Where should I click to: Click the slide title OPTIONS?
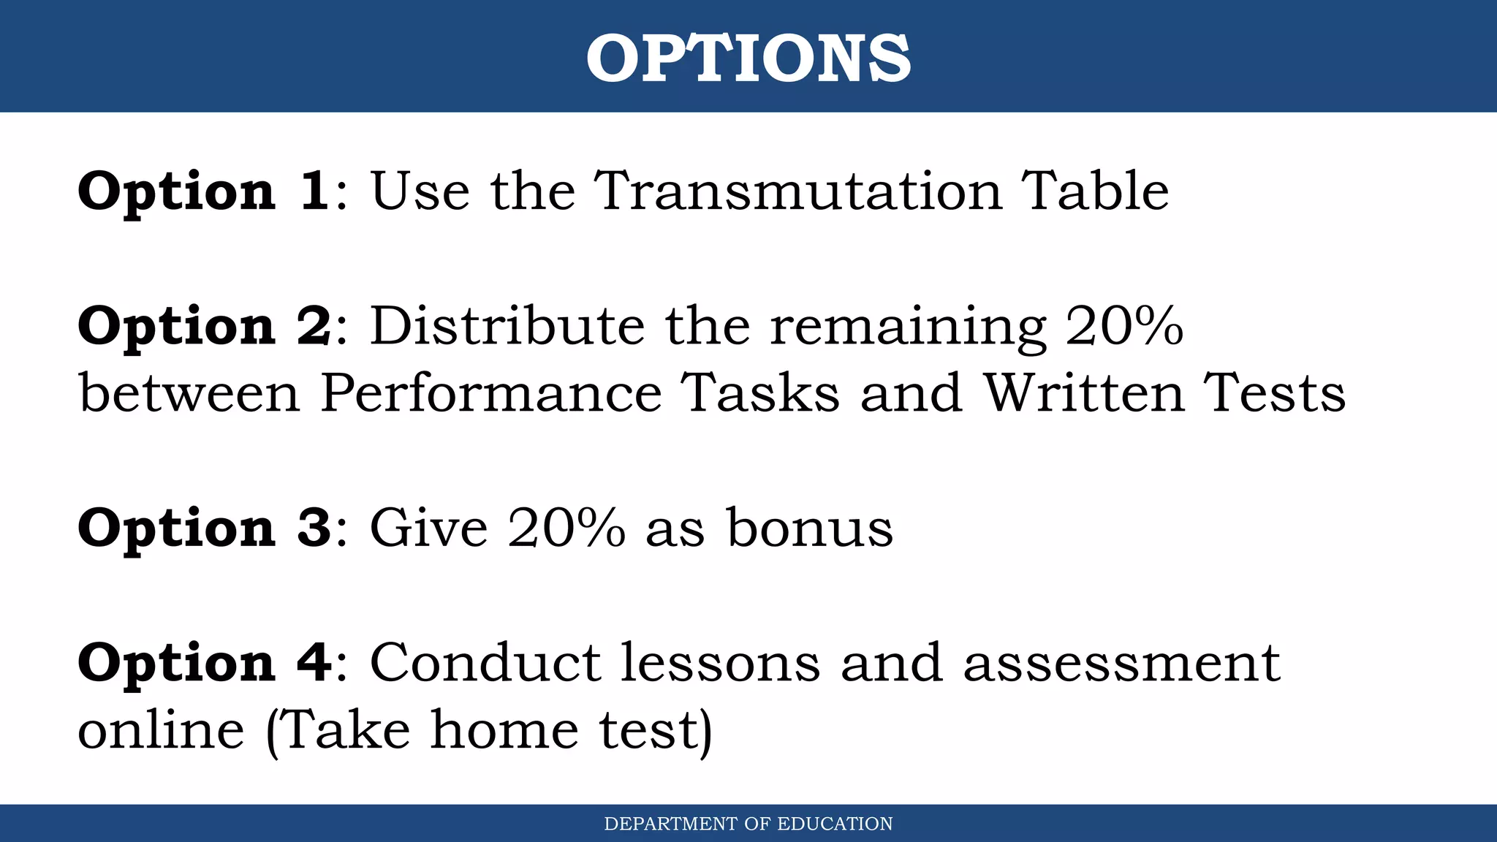tap(748, 58)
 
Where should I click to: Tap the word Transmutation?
tap(797, 191)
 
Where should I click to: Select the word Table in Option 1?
tap(1094, 191)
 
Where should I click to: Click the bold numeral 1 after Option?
tap(314, 191)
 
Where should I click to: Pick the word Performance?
tap(490, 393)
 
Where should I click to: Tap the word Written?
tap(1083, 393)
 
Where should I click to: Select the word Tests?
tap(1274, 393)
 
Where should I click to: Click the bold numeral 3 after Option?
tap(314, 528)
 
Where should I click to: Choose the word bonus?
tap(809, 528)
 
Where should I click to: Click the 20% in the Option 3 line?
tap(566, 528)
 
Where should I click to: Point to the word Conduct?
tap(485, 663)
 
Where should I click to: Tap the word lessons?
tap(721, 663)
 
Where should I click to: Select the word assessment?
tap(1121, 663)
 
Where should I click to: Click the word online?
tap(161, 730)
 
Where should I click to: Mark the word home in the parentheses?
tap(504, 730)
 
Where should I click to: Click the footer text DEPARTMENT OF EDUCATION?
tap(748, 824)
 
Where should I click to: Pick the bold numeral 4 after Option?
tap(314, 663)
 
